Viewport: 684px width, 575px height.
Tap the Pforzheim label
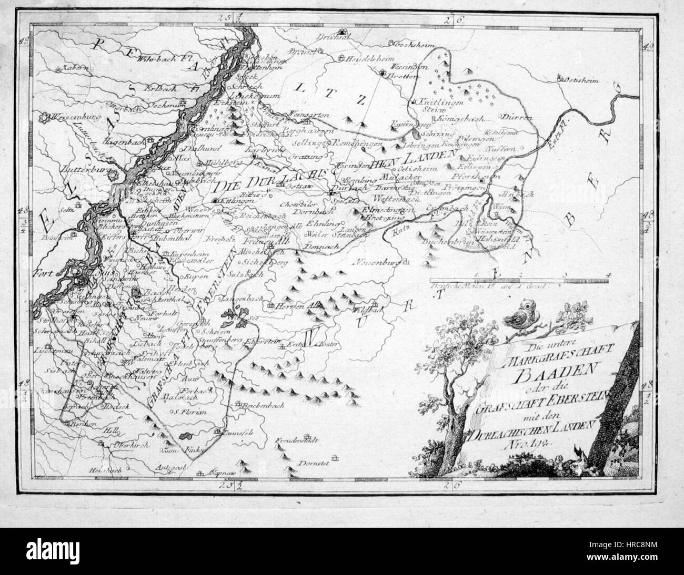click(x=479, y=177)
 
